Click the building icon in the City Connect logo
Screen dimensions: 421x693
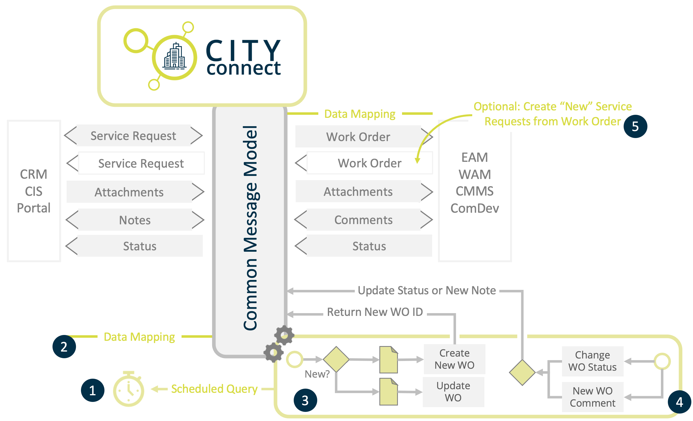tap(175, 56)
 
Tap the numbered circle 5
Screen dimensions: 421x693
tap(635, 126)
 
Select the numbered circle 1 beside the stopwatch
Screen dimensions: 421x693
tap(93, 390)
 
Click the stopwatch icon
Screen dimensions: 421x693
tap(128, 389)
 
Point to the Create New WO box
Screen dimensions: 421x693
tap(454, 359)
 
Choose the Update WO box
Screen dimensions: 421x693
tap(453, 391)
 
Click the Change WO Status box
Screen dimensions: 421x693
tap(592, 361)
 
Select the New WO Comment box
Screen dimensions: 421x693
tap(592, 397)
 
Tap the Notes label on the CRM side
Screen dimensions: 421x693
tap(135, 220)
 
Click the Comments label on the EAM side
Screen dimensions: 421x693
tap(363, 220)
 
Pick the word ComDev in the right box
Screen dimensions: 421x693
tap(474, 208)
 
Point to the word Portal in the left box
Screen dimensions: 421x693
tap(34, 208)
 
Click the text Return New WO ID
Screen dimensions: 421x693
tap(375, 312)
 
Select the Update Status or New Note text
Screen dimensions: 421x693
tap(426, 290)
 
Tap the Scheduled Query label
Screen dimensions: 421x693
tap(214, 389)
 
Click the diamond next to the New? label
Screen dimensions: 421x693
tap(336, 359)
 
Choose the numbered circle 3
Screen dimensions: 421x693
tap(305, 400)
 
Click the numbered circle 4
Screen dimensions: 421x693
tap(679, 402)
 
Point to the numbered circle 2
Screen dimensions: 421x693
tap(64, 346)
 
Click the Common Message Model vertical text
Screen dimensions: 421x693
tap(250, 228)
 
